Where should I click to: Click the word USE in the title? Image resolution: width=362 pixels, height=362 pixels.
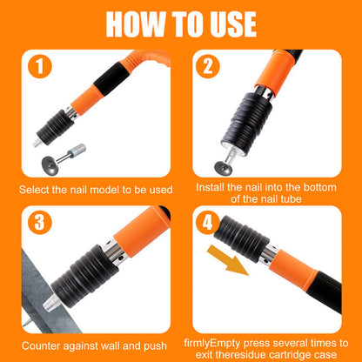coord(228,23)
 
